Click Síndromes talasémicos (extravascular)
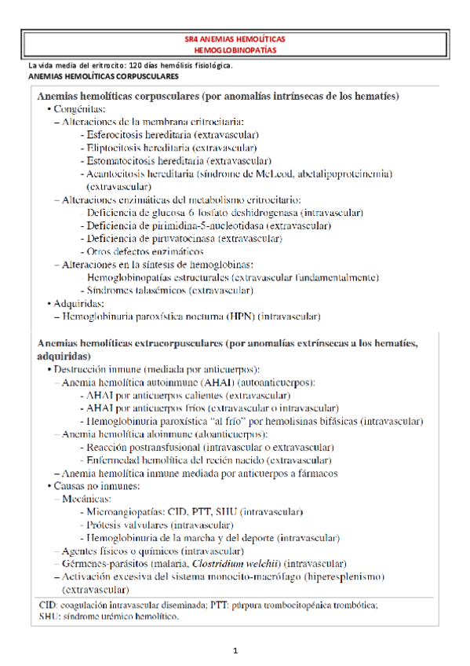pos(169,290)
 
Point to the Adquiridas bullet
pos(78,303)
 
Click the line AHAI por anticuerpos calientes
pos(188,395)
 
